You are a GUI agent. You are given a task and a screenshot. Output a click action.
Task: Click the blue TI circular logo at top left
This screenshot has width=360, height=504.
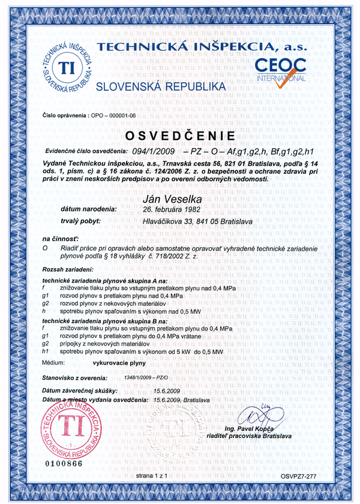coord(67,68)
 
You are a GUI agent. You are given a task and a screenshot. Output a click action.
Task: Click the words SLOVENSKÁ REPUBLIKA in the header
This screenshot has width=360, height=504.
coord(161,86)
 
